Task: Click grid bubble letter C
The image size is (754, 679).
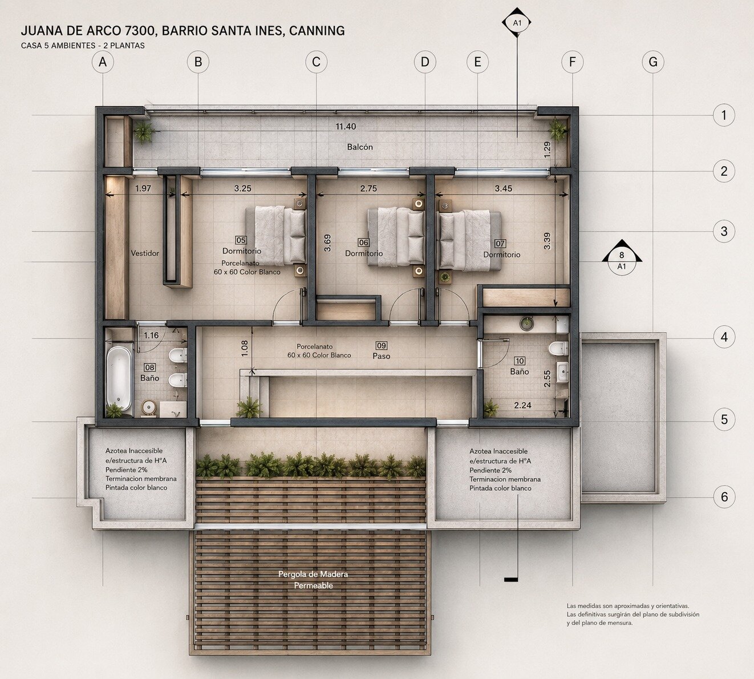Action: click(x=316, y=62)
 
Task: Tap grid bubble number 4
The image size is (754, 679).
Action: click(x=724, y=337)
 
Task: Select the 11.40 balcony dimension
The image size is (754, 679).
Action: click(x=346, y=127)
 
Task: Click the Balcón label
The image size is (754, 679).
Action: click(x=360, y=147)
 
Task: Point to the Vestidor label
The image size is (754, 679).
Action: click(x=145, y=253)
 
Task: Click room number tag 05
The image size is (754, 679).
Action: click(x=241, y=240)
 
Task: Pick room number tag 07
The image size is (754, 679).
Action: click(x=500, y=244)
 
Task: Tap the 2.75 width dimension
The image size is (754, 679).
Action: click(x=368, y=188)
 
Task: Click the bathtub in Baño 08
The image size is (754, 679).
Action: click(x=119, y=378)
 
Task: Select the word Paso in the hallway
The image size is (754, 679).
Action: click(x=381, y=356)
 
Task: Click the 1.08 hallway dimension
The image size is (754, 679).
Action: click(x=245, y=348)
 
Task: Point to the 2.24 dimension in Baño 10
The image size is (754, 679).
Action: click(x=522, y=405)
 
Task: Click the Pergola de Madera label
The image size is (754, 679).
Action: click(x=313, y=575)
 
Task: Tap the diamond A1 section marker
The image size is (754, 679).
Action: click(x=517, y=23)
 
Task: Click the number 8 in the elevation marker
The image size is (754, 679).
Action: click(x=621, y=255)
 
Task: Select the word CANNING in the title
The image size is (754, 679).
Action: click(x=317, y=30)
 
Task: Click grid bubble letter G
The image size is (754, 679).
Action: click(x=653, y=62)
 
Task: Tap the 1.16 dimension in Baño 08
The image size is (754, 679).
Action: click(x=151, y=335)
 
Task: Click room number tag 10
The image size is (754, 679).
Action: click(x=520, y=361)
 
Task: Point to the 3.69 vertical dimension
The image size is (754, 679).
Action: click(x=327, y=243)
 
